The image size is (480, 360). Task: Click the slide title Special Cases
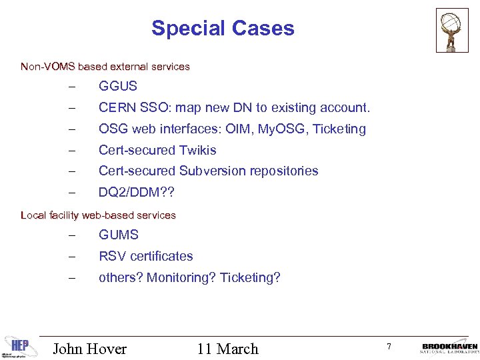click(x=222, y=28)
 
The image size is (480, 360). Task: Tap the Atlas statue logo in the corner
click(x=452, y=29)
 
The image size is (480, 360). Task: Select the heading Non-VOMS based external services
click(x=105, y=67)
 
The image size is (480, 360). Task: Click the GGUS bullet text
click(x=118, y=86)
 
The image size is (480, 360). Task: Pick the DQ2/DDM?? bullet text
click(x=137, y=192)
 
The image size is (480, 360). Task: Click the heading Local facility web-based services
click(x=98, y=215)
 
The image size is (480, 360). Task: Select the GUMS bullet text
click(x=119, y=235)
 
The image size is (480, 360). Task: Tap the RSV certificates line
click(x=146, y=256)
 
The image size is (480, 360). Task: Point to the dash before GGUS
click(x=71, y=87)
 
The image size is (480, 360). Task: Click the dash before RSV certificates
click(x=71, y=257)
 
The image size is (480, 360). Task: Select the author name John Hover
click(x=89, y=349)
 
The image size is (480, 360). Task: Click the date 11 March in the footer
click(x=227, y=349)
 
